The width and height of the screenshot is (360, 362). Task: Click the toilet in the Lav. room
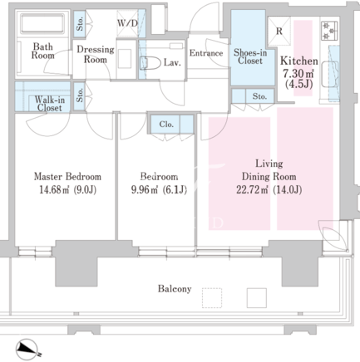(x=150, y=63)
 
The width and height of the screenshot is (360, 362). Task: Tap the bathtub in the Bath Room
(x=42, y=24)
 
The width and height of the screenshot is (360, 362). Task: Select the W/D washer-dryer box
(x=127, y=23)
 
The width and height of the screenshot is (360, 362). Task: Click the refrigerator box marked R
(x=279, y=31)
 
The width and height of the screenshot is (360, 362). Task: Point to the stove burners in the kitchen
(x=329, y=30)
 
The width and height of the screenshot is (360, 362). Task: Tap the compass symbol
(x=27, y=350)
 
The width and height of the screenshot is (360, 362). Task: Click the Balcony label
(x=175, y=289)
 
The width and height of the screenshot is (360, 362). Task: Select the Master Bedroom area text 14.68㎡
(x=54, y=190)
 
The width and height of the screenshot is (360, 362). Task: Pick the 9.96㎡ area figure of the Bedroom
(x=145, y=190)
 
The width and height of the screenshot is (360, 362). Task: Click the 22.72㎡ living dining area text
(x=252, y=190)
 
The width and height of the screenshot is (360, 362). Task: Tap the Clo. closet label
(x=166, y=125)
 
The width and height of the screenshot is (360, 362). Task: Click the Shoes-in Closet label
(x=250, y=56)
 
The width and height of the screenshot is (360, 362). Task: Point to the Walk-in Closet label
(x=50, y=104)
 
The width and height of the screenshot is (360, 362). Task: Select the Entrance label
(x=206, y=53)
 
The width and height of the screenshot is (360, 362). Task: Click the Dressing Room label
(x=96, y=54)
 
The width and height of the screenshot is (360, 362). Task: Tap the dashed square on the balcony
(x=212, y=298)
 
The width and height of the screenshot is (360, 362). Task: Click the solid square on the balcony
(x=257, y=298)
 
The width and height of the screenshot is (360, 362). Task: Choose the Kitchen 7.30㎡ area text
(x=298, y=73)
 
